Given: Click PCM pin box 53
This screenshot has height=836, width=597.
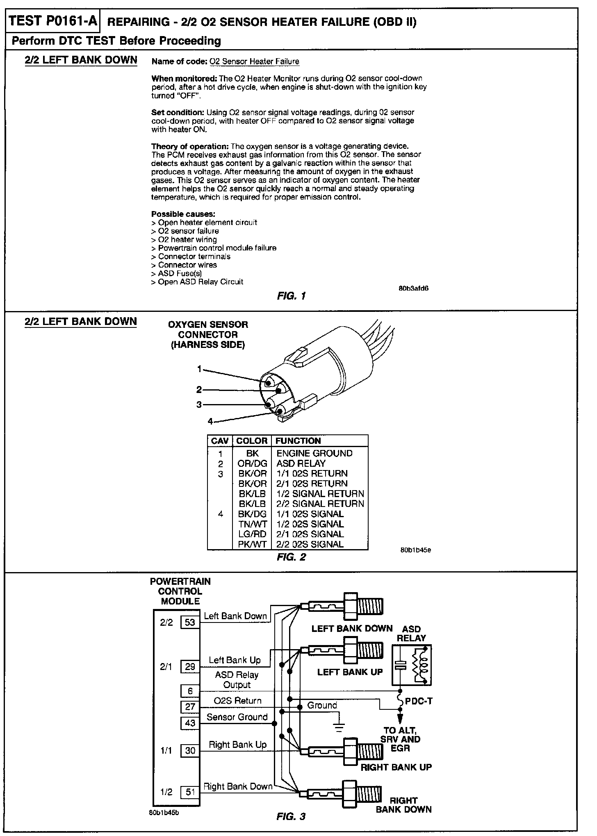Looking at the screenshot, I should [190, 622].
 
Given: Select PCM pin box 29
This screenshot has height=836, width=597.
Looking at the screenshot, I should [190, 667].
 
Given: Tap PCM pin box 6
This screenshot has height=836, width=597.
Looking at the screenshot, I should [190, 691].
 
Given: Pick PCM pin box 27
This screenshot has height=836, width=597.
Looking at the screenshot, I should [190, 707].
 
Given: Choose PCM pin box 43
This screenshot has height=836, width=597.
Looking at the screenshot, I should [190, 722].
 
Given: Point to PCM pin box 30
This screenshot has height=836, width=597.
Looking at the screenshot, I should [190, 750].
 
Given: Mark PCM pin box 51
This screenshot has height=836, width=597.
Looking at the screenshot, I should [190, 792].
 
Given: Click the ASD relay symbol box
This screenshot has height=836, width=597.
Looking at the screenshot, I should [411, 666].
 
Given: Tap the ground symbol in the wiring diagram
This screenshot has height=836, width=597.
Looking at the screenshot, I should [339, 727].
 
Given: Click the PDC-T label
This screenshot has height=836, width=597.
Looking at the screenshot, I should [419, 701].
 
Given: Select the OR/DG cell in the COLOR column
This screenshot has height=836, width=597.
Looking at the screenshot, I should [252, 463].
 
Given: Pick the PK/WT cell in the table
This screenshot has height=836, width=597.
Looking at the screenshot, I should [252, 544].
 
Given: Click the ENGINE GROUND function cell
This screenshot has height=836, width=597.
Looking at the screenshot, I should [314, 453].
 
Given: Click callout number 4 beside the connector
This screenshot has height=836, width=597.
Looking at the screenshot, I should [210, 421].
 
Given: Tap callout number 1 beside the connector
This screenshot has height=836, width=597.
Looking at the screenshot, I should [200, 369].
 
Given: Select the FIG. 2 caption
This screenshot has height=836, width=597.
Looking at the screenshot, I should [291, 557].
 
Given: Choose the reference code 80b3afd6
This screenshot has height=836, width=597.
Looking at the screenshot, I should [413, 288].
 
